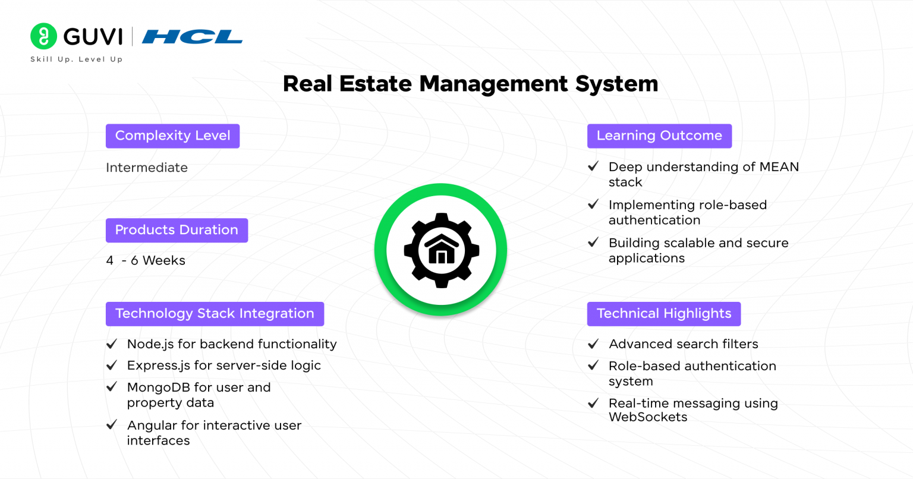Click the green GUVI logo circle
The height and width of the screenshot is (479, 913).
43,36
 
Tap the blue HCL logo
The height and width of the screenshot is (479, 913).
192,37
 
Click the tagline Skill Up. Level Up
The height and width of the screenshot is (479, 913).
77,59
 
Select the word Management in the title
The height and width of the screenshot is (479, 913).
493,84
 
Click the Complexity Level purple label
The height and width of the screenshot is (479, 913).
173,135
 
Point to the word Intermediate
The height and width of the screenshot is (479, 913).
147,168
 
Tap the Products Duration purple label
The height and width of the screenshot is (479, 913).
177,231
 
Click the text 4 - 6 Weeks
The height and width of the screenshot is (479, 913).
146,260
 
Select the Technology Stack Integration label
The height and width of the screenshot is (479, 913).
215,314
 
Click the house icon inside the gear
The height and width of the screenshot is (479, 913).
442,249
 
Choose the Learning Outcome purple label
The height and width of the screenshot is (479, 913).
659,135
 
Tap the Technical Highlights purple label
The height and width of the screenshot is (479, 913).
664,314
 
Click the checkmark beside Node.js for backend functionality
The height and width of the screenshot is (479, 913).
112,344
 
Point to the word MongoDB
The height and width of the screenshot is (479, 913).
159,387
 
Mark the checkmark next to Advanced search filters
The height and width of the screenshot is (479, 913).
593,344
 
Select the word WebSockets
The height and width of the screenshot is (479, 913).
648,417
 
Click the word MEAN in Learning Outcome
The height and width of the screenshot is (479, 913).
779,167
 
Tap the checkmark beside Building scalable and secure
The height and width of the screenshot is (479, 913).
593,242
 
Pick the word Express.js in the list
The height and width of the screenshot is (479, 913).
159,365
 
